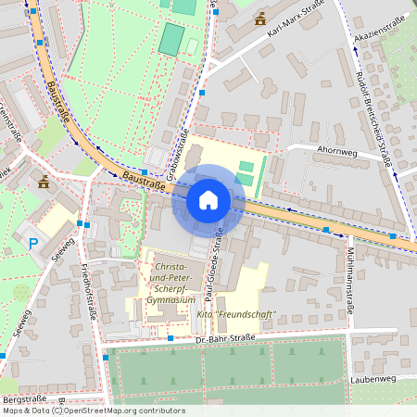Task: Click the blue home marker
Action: [208, 199]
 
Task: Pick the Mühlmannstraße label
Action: [349, 284]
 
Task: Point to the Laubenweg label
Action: [373, 379]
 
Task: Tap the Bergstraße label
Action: [23, 398]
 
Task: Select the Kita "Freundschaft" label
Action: [235, 314]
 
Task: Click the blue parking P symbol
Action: [33, 244]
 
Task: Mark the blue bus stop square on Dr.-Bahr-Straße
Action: [171, 339]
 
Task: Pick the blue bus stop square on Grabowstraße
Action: [202, 93]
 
